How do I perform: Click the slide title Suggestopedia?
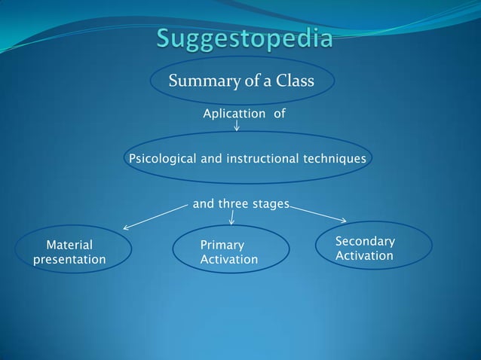click(244, 38)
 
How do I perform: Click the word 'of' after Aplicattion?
click(280, 114)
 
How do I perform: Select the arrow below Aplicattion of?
click(237, 125)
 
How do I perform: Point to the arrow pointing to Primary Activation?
click(231, 217)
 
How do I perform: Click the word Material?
click(69, 245)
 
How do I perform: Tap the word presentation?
click(69, 260)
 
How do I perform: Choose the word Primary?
click(222, 245)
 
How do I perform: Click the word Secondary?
click(365, 241)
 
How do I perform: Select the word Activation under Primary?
click(229, 260)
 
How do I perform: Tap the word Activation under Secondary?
click(364, 256)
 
